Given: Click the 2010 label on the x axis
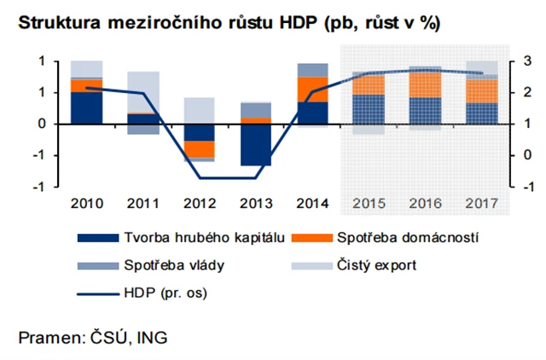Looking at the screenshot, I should (87, 204).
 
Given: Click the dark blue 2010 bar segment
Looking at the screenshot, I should (87, 107).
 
